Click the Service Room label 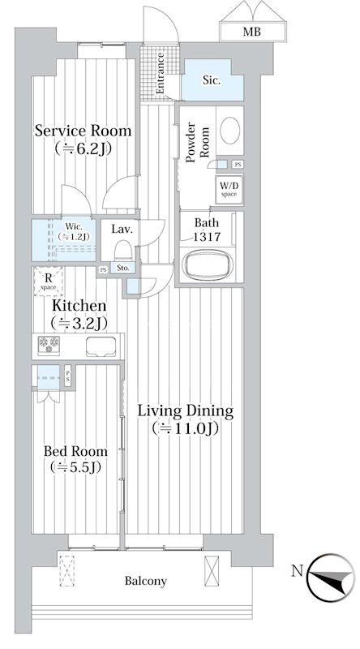pos(83,131)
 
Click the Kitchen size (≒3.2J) pos(79,323)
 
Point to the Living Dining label pos(186,411)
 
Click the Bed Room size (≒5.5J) pos(75,467)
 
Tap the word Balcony pos(146,582)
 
